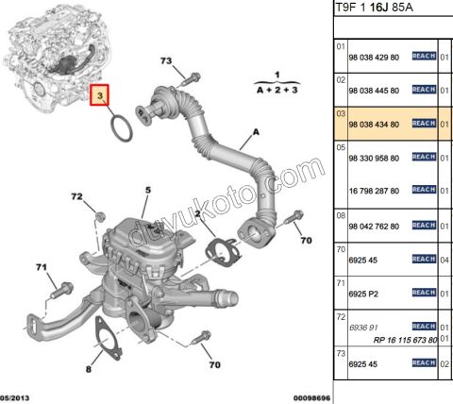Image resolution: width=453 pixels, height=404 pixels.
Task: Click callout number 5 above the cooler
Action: point(147,191)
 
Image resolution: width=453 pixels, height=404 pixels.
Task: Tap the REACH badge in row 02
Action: point(423,91)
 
